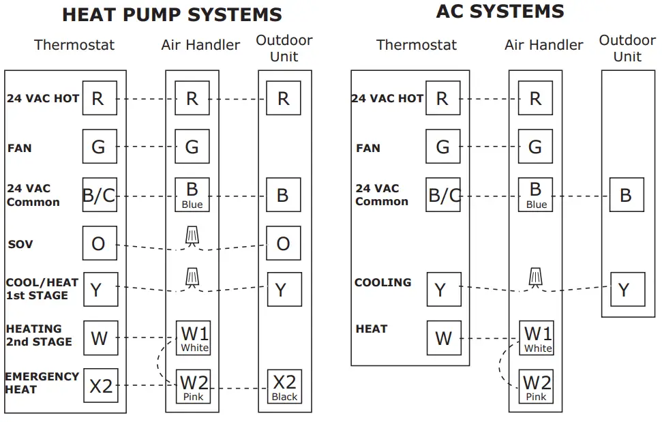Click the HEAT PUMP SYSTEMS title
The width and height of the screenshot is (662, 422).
coord(171,14)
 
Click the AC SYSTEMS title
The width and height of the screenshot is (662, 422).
coord(500,12)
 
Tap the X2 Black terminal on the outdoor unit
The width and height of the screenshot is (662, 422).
coord(284,386)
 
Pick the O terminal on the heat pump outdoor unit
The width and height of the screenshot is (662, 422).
coord(284,243)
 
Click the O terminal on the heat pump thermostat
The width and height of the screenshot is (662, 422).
coord(100,243)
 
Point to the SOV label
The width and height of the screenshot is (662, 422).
coord(20,244)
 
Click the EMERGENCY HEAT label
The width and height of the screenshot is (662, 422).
coord(42,382)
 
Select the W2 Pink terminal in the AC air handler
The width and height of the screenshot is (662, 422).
coord(537,386)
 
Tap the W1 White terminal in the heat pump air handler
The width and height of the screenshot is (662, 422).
coord(194,338)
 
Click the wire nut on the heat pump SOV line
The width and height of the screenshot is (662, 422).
coord(193,236)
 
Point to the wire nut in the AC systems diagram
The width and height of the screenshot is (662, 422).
coord(537,277)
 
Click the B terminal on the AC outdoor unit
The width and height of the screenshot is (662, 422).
coord(625,195)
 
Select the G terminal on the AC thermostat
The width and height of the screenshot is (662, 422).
coord(443,146)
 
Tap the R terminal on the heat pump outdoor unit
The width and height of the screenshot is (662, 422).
coord(284,98)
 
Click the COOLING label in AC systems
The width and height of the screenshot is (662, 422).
coord(382,282)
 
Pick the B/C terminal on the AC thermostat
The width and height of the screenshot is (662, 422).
coord(443,196)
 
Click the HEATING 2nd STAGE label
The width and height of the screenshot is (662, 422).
coord(38,335)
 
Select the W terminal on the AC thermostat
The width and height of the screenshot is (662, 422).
coord(443,338)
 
